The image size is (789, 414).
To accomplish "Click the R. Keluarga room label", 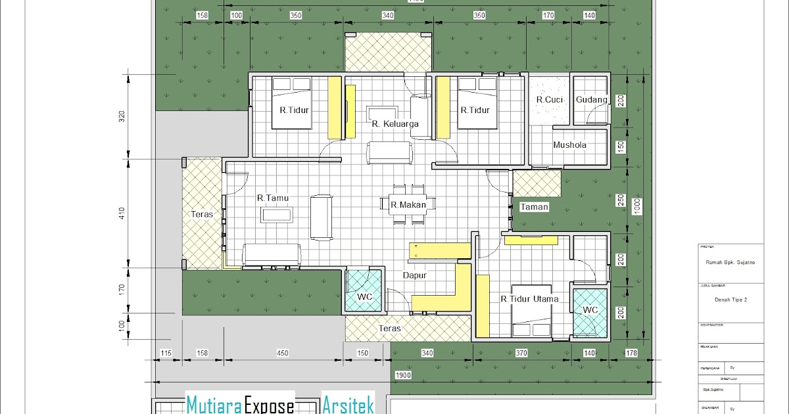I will click(x=394, y=124).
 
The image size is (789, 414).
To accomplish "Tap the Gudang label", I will click(x=590, y=99).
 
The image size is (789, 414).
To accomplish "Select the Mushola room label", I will click(x=569, y=145).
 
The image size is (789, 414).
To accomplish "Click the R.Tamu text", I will click(x=273, y=197).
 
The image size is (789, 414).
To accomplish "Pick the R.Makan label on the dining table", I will click(x=408, y=205).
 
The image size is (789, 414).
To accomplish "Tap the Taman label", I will click(x=534, y=206).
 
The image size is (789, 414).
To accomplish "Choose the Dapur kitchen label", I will click(x=415, y=275).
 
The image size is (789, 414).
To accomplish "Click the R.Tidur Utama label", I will click(x=529, y=299).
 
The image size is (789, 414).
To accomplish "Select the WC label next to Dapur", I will click(x=365, y=297).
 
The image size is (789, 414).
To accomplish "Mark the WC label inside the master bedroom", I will click(x=590, y=310).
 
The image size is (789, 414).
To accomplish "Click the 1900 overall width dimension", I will click(x=404, y=375).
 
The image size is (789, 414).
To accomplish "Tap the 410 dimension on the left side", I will click(x=121, y=214).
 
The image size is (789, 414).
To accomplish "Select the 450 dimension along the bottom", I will click(x=282, y=354).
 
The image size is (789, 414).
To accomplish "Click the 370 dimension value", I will click(x=521, y=354).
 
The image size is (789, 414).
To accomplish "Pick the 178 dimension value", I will click(x=632, y=354).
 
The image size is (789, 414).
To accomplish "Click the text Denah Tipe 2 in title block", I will click(x=730, y=299).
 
